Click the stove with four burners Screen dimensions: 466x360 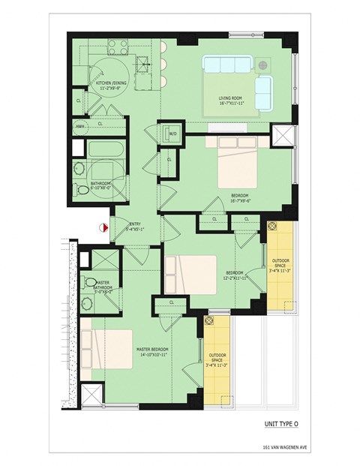point(118,48)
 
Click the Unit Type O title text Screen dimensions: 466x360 point(281,424)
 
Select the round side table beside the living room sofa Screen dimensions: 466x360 point(264,65)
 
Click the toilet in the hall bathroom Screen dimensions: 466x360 point(79,170)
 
